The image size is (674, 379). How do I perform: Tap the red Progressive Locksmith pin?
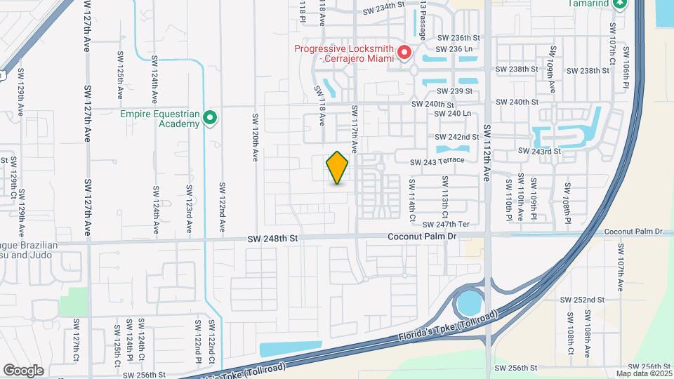pyautogui.click(x=404, y=52)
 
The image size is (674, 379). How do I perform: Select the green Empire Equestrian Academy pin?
pyautogui.click(x=209, y=119)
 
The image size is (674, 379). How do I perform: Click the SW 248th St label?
pyautogui.click(x=273, y=239)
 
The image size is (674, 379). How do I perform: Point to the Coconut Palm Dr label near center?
pyautogui.click(x=422, y=237)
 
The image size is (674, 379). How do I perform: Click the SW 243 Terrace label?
pyautogui.click(x=437, y=161)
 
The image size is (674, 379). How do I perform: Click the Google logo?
pyautogui.click(x=23, y=370)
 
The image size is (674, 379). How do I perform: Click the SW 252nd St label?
pyautogui.click(x=582, y=300)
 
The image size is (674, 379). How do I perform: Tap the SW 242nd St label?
pyautogui.click(x=456, y=137)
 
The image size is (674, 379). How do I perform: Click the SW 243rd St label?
pyautogui.click(x=539, y=151)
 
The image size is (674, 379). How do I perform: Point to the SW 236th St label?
pyautogui.click(x=458, y=37)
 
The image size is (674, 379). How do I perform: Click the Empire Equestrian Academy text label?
pyautogui.click(x=159, y=119)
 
